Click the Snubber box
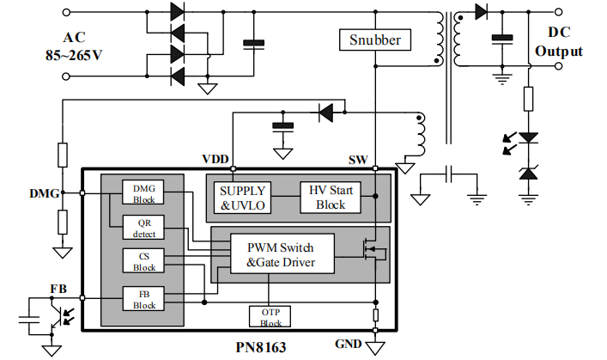click(374, 40)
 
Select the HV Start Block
click(330, 197)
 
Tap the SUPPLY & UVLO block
click(243, 197)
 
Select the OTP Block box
click(270, 317)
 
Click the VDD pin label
click(215, 159)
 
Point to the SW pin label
click(359, 160)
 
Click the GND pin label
click(348, 344)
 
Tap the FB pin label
click(58, 287)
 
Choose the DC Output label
click(558, 43)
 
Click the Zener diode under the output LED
click(528, 174)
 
